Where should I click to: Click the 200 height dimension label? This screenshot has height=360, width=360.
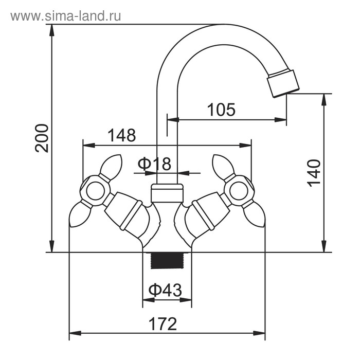pyautogui.click(x=43, y=138)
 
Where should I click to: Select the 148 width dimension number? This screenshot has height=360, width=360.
pyautogui.click(x=122, y=135)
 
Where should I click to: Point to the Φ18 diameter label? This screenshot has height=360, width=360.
pyautogui.click(x=154, y=164)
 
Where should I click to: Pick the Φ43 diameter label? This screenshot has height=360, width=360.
pyautogui.click(x=165, y=291)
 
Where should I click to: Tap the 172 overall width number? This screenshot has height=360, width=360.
pyautogui.click(x=163, y=324)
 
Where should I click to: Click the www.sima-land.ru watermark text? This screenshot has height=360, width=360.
pyautogui.click(x=65, y=16)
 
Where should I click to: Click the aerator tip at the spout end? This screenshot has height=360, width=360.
pyautogui.click(x=282, y=83)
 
